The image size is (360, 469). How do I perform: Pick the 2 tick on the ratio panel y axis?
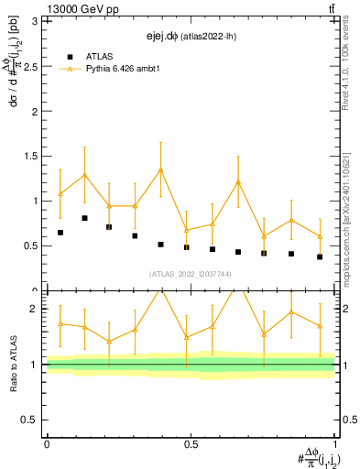coord(38,309)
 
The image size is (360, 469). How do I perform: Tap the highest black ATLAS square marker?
coord(84,218)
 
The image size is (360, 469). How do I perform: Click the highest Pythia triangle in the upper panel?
coord(160,169)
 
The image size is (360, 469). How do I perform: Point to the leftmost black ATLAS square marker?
coord(60,233)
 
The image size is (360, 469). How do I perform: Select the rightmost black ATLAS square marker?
coord(320,256)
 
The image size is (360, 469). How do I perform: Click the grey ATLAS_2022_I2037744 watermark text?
coord(190,273)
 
